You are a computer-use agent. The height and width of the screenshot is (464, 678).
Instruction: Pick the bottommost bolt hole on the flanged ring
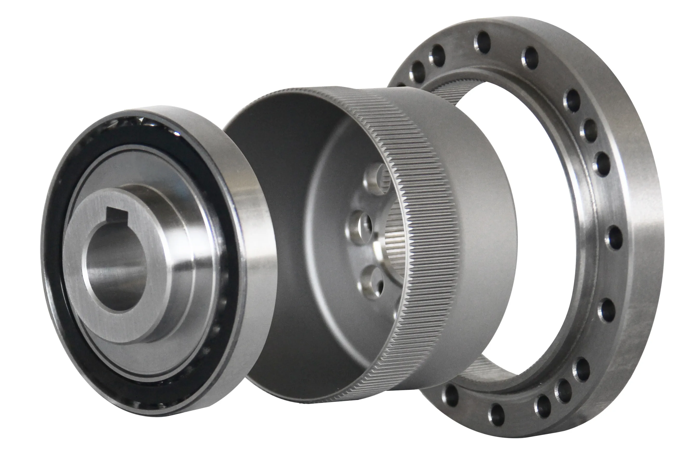[497, 414]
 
